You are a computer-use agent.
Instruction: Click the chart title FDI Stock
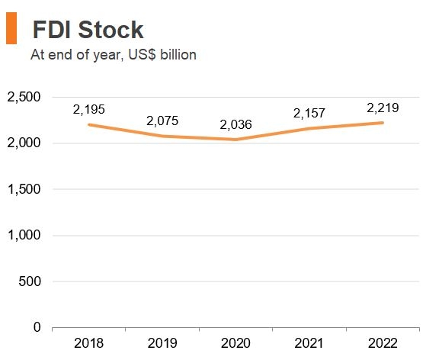point(88,29)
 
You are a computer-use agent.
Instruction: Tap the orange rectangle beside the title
point(11,29)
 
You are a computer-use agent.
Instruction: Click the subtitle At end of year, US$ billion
point(113,55)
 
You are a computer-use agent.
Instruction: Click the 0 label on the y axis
point(37,327)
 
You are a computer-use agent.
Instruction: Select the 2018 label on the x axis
point(89,344)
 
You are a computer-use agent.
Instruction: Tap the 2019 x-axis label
point(162,344)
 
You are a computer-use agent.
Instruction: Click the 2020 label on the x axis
point(235,344)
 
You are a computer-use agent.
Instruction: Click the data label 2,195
point(89,109)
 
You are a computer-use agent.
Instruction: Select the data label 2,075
point(162,121)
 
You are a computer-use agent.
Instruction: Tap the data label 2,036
point(235,124)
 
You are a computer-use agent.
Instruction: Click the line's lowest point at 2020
point(235,140)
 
